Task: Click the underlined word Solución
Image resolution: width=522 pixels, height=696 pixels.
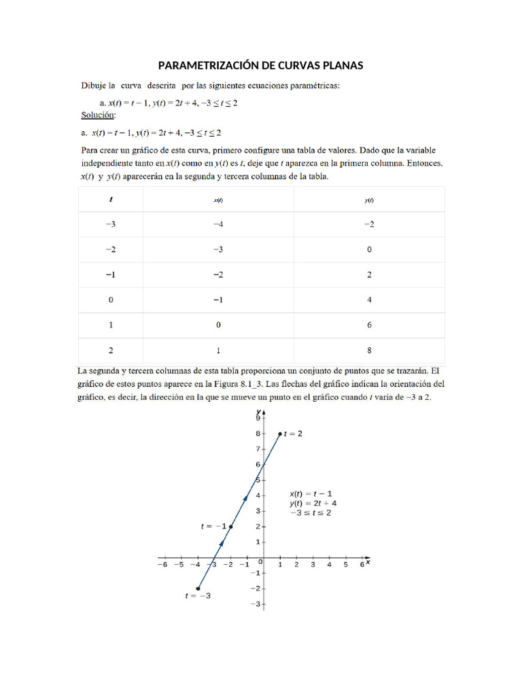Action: [x=98, y=115]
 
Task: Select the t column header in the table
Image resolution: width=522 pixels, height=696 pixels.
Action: [x=111, y=200]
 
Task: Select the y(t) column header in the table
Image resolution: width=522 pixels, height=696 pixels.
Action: [x=369, y=201]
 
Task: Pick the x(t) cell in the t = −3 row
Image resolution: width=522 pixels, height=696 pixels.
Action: [x=218, y=224]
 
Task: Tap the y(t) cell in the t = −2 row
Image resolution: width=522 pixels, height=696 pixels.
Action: [x=369, y=249]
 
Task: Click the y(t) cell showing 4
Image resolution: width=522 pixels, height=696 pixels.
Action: [x=369, y=299]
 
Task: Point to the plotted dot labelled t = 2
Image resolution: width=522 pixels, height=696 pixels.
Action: [x=279, y=434]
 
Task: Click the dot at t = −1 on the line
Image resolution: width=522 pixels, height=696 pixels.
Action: [x=231, y=527]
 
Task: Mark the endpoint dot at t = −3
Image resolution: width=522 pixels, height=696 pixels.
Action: [x=198, y=589]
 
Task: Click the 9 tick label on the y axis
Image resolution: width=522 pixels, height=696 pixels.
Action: [x=258, y=419]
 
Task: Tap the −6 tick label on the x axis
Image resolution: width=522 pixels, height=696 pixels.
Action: [x=162, y=564]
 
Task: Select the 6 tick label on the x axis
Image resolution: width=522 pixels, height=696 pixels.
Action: [x=362, y=564]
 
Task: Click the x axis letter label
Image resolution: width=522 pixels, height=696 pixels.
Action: [x=368, y=562]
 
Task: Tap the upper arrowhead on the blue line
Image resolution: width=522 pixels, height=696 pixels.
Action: [x=245, y=498]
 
